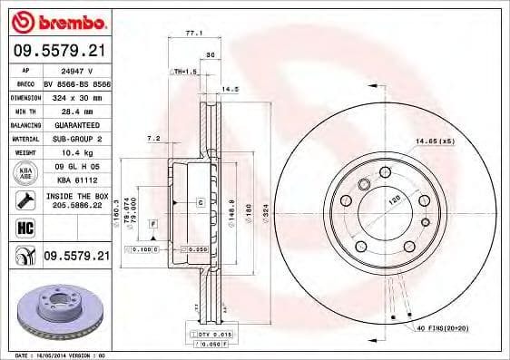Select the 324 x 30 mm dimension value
point(75,96)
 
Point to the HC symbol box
point(24,228)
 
